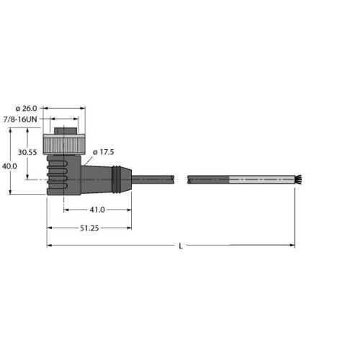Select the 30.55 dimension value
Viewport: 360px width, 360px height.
click(x=27, y=153)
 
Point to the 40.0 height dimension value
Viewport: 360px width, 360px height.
click(x=9, y=166)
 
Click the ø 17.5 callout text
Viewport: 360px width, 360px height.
click(x=107, y=152)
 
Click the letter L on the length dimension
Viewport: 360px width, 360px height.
click(x=180, y=246)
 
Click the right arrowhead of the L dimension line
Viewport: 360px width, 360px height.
click(x=292, y=246)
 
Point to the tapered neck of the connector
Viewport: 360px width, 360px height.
click(x=94, y=176)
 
